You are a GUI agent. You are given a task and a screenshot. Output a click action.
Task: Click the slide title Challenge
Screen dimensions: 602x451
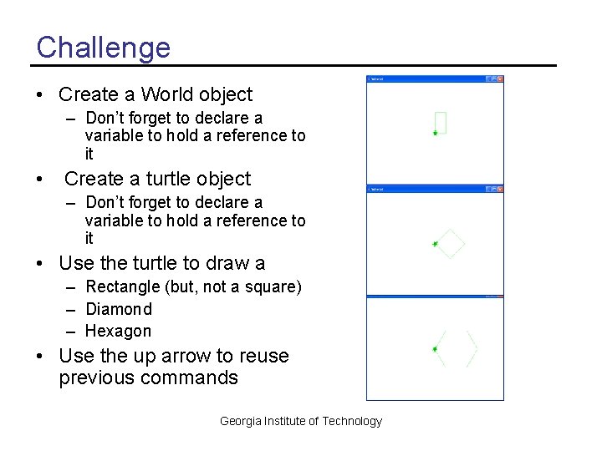(103, 47)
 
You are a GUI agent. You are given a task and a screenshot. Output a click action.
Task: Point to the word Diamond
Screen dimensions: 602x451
(119, 309)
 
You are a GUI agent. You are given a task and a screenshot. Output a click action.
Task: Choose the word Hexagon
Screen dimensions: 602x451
(118, 331)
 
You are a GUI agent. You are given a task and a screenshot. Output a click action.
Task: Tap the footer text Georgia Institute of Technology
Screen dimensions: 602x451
(300, 421)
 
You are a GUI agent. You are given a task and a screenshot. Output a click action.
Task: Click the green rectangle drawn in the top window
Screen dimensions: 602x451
(441, 123)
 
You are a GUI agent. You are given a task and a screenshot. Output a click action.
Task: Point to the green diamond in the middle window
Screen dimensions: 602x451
(451, 243)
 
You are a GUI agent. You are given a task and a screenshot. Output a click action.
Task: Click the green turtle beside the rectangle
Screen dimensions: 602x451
(435, 133)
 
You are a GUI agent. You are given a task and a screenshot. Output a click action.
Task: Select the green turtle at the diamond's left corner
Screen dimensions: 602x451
(435, 244)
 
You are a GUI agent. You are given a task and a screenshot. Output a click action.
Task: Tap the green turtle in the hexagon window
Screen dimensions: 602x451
(435, 349)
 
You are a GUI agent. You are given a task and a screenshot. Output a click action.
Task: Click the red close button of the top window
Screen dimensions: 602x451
(500, 79)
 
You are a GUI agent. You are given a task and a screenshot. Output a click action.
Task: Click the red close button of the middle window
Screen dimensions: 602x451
(500, 190)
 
